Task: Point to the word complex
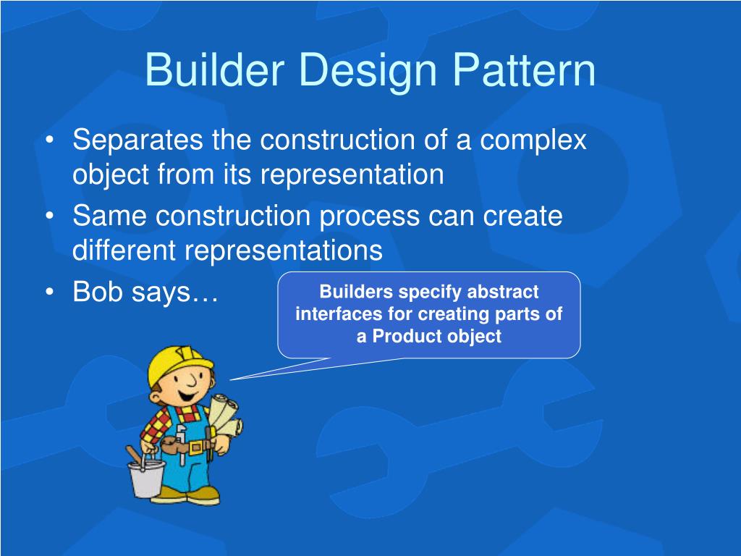pos(533,141)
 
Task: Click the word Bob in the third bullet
pos(98,291)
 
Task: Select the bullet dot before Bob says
pos(50,292)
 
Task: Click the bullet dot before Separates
pos(50,140)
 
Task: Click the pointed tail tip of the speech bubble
pos(229,379)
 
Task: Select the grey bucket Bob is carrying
pos(146,478)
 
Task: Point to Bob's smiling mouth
pos(188,395)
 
